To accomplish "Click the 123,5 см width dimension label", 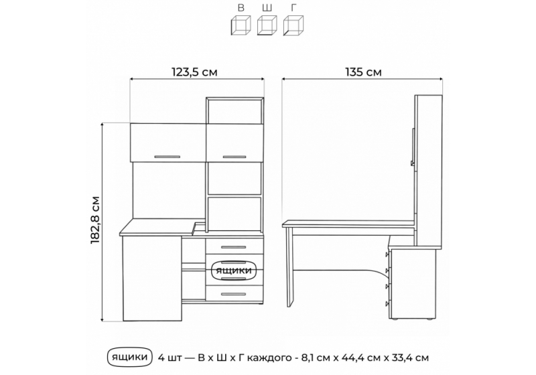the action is tap(194, 72).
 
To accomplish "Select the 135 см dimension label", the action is tap(363, 72).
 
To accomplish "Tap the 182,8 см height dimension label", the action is tap(95, 220).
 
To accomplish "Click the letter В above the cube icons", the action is tap(241, 8).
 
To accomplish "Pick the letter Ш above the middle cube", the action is tap(267, 8).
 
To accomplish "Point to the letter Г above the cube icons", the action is tap(293, 8).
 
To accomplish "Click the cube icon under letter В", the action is tap(241, 25).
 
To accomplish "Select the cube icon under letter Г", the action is tap(293, 25).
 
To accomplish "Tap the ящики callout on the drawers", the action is tap(233, 271).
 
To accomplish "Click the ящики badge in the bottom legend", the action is tap(129, 357).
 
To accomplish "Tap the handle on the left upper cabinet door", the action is tap(167, 157).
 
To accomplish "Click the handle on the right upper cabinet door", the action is tap(234, 157).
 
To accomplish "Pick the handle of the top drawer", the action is tap(233, 247).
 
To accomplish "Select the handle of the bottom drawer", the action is tap(233, 294).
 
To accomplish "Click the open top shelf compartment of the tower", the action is tap(235, 110).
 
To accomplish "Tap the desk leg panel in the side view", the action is tap(290, 267).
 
